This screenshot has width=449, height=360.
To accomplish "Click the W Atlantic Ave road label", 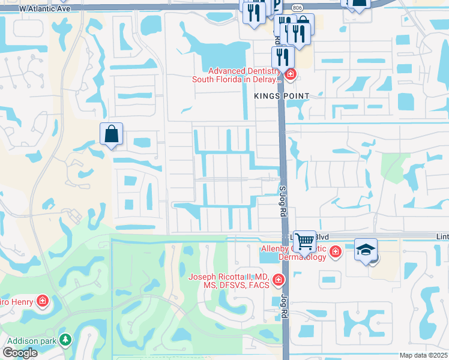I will (x=45, y=9).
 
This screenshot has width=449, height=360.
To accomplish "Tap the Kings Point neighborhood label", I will (x=281, y=96).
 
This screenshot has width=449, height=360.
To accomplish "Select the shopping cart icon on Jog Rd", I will (x=305, y=241).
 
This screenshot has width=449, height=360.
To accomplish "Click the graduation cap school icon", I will (x=365, y=249).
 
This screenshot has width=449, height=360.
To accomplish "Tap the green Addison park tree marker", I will (x=65, y=340).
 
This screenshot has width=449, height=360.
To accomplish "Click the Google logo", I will (x=20, y=353).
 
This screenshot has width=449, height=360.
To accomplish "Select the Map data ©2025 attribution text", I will (x=424, y=355).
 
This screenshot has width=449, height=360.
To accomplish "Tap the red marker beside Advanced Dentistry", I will (x=291, y=74).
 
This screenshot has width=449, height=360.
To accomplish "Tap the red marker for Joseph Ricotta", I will (x=278, y=280).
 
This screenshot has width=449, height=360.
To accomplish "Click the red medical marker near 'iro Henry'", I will (x=43, y=300).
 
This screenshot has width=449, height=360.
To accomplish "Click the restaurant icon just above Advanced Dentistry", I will (x=282, y=57).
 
